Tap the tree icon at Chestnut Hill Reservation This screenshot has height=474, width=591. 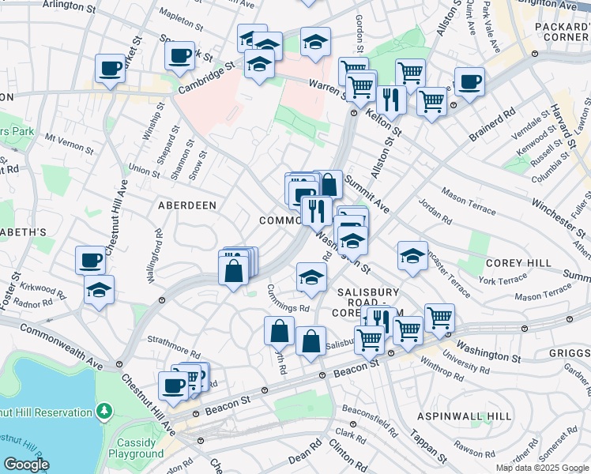tap(104, 412)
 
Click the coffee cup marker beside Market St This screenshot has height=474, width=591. tap(111, 68)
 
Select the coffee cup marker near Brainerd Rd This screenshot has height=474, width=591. tap(469, 81)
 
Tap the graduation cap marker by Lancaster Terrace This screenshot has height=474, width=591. tap(412, 255)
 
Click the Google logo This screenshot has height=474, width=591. tap(26, 465)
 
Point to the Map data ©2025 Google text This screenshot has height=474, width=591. tap(542, 468)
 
